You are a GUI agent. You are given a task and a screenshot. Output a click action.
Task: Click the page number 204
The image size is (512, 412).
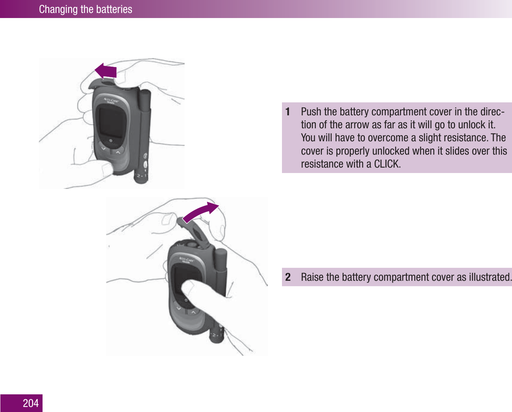[x=31, y=403]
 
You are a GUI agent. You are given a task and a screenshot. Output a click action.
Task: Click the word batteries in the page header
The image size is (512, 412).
[x=114, y=9]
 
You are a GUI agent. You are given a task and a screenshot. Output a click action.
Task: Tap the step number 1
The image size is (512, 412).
[x=288, y=112]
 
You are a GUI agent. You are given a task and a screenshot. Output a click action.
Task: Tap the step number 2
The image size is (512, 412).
[x=288, y=277]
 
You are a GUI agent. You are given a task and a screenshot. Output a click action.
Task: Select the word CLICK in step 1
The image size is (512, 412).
[x=387, y=164]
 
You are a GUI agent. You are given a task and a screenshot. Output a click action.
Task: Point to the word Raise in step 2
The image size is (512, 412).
[x=312, y=277]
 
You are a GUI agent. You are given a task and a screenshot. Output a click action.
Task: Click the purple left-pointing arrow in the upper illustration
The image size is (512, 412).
[x=106, y=71]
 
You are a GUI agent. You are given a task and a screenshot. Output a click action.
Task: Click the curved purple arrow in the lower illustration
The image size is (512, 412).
[x=200, y=213]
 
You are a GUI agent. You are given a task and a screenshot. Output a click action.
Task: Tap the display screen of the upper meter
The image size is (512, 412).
[x=110, y=123]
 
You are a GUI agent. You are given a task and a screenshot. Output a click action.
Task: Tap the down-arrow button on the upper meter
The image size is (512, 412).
[x=103, y=148]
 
